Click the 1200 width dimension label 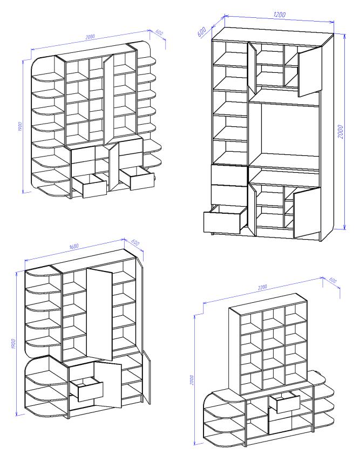pyautogui.click(x=279, y=14)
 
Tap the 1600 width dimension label pyautogui.click(x=74, y=246)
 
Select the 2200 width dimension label pyautogui.click(x=262, y=287)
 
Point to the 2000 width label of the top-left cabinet pyautogui.click(x=90, y=37)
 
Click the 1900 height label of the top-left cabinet pyautogui.click(x=20, y=126)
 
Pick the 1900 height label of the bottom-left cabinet pyautogui.click(x=13, y=343)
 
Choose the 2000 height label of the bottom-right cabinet pyautogui.click(x=192, y=380)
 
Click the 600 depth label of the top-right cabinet pyautogui.click(x=202, y=31)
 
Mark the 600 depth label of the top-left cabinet pyautogui.click(x=159, y=32)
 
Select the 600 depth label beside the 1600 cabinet pyautogui.click(x=135, y=242)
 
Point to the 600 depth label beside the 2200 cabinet pyautogui.click(x=332, y=280)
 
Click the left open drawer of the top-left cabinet pyautogui.click(x=90, y=186)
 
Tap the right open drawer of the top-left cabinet pyautogui.click(x=137, y=178)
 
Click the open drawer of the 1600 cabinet pyautogui.click(x=86, y=389)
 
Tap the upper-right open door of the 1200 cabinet pyautogui.click(x=310, y=71)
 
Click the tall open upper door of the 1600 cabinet pyautogui.click(x=99, y=314)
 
